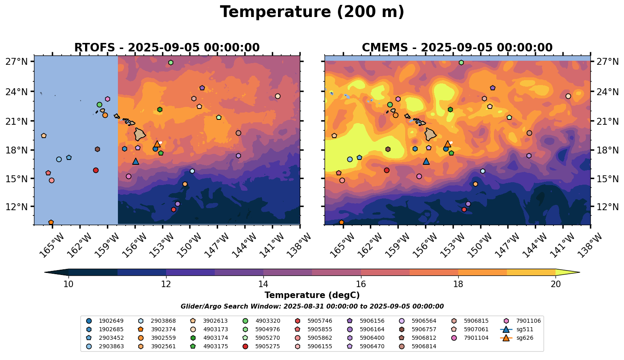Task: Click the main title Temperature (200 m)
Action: pyautogui.click(x=312, y=12)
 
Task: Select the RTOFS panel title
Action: pyautogui.click(x=167, y=47)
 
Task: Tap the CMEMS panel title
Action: pyautogui.click(x=457, y=47)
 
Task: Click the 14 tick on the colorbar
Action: pyautogui.click(x=263, y=284)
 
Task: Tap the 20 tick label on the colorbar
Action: pyautogui.click(x=556, y=284)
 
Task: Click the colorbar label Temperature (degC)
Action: pyautogui.click(x=312, y=295)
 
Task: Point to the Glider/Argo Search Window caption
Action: pyautogui.click(x=312, y=307)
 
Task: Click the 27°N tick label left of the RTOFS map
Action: pyautogui.click(x=16, y=62)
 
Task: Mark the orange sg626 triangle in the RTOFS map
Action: pyautogui.click(x=157, y=144)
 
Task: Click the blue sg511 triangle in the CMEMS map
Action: pyautogui.click(x=426, y=161)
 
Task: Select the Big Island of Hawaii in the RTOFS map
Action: pyautogui.click(x=140, y=134)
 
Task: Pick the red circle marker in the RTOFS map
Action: pyautogui.click(x=96, y=170)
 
